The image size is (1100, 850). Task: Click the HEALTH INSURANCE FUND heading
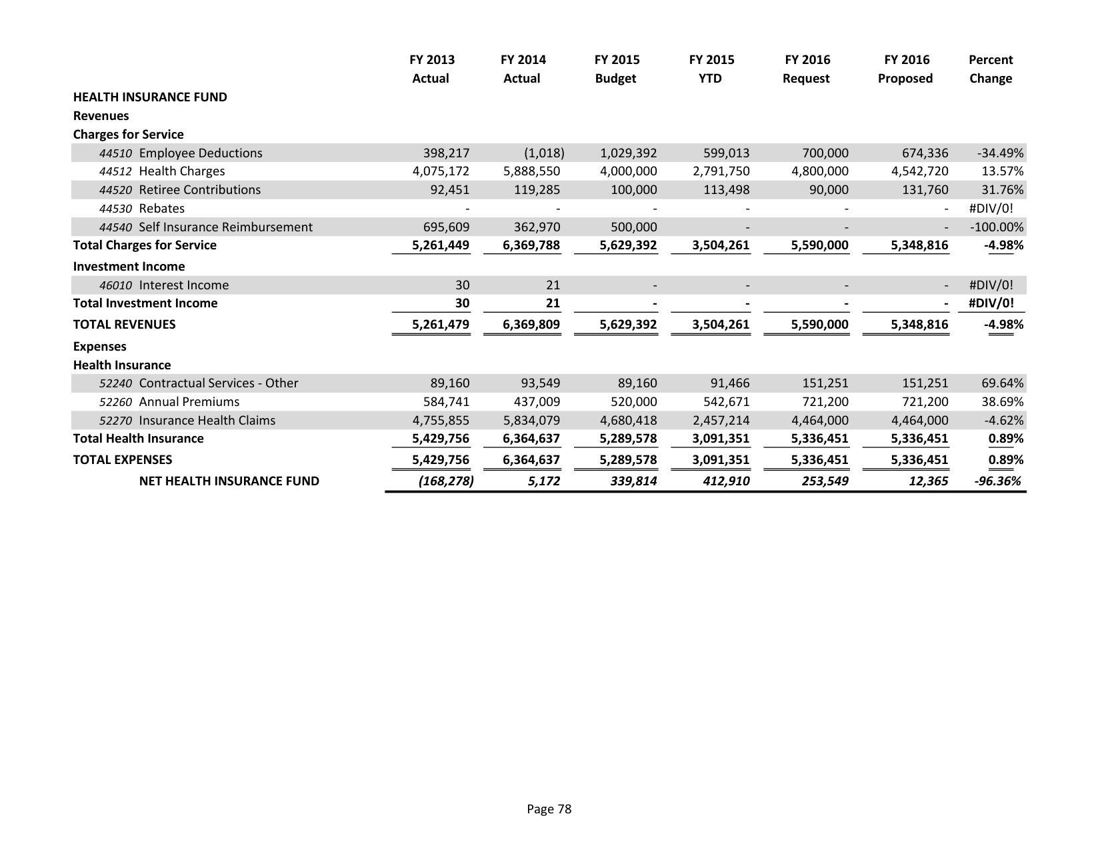tap(150, 97)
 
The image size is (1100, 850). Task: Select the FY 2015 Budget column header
tap(616, 69)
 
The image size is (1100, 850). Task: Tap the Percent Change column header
tap(990, 69)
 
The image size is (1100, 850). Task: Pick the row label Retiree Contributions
tap(199, 190)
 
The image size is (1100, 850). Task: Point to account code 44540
tap(115, 227)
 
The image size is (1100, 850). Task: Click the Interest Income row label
tap(183, 285)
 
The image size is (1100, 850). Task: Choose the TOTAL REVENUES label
tap(125, 325)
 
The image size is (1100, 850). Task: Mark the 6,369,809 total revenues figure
tap(531, 325)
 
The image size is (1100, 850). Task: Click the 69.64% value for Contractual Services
tap(1002, 383)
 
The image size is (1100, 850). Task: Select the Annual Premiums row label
tap(189, 402)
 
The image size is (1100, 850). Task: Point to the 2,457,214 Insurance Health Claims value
tap(721, 421)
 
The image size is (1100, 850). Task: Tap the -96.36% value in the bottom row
tap(997, 481)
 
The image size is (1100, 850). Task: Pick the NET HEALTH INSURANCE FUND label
tap(229, 481)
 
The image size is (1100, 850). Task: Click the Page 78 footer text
tap(549, 809)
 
